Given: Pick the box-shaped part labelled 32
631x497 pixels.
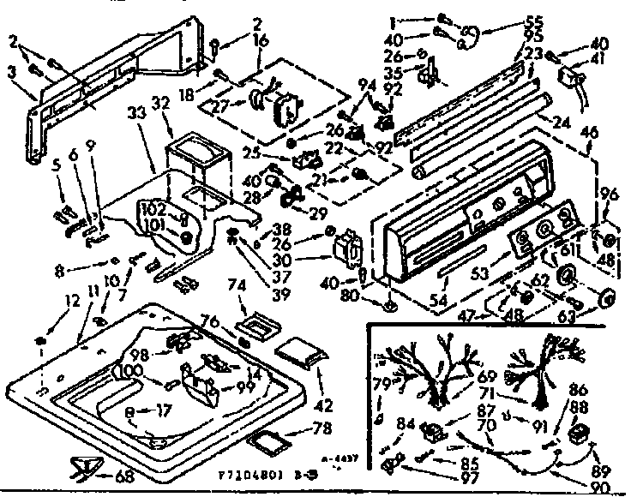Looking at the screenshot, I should click(197, 159).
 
